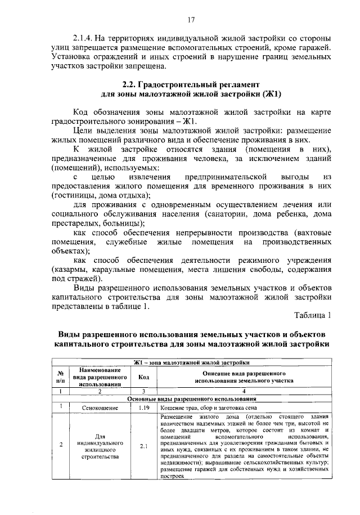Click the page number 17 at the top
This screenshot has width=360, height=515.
pos(191,20)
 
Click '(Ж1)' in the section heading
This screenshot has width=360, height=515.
pos(269,93)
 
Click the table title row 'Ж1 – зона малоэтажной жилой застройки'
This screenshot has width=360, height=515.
pos(192,362)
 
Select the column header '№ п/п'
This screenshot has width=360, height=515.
pos(60,377)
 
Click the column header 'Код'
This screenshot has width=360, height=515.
pos(143,377)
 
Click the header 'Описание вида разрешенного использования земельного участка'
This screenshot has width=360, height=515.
pos(244,377)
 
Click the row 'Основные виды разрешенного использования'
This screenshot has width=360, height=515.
pos(192,398)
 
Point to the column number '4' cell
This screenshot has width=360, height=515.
pos(244,391)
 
